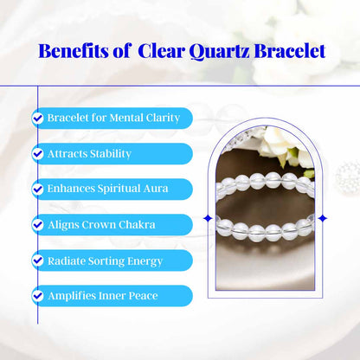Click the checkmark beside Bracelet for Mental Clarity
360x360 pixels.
pos(38,118)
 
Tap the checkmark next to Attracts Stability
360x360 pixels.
pos(38,153)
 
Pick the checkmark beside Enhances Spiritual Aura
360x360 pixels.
pos(38,189)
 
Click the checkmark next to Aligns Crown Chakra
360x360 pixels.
pos(38,225)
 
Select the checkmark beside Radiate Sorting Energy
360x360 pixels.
pos(38,260)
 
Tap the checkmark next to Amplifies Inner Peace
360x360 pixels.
pos(38,296)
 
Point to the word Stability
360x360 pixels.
pos(109,153)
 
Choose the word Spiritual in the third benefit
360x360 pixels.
pos(119,189)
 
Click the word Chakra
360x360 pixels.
pos(137,225)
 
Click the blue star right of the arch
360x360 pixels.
pos(323,217)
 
